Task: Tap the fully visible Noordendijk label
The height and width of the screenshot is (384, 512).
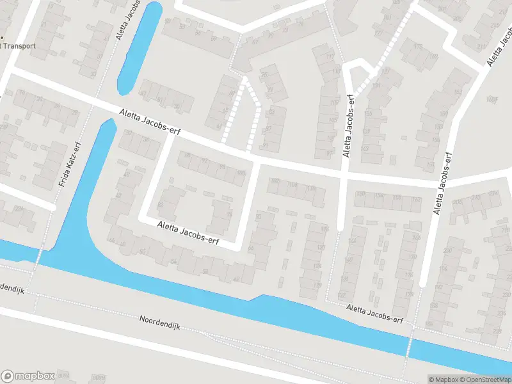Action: click(x=161, y=322)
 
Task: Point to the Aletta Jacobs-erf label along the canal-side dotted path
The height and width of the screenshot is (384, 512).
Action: click(x=375, y=314)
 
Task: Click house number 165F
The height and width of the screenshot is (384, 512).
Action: click(x=492, y=99)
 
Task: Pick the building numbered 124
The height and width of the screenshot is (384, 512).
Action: click(x=317, y=266)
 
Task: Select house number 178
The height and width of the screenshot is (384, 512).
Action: click(x=409, y=294)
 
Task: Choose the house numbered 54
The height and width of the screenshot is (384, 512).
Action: click(x=174, y=262)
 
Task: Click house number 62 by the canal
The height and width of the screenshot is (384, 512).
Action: click(x=236, y=279)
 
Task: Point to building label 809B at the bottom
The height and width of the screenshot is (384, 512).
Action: click(x=99, y=377)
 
